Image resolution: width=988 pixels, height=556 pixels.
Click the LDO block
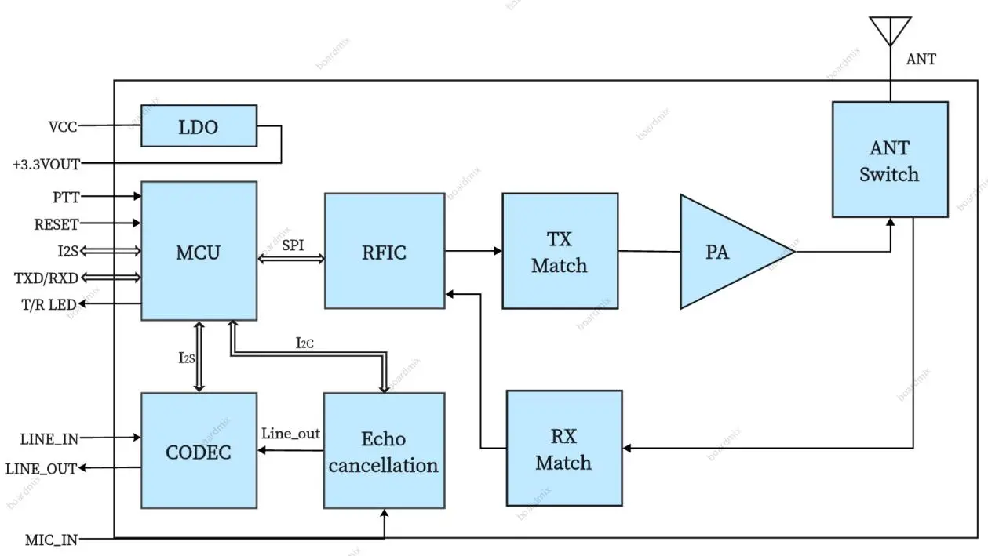(199, 125)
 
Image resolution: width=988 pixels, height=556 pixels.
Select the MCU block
(199, 251)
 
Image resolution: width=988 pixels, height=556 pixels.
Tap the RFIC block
(385, 251)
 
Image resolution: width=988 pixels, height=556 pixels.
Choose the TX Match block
(560, 251)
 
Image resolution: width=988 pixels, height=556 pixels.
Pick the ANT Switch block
(889, 159)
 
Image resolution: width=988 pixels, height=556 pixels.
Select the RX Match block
(563, 448)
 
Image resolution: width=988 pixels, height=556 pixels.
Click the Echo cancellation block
(384, 451)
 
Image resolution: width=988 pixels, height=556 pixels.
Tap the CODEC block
(199, 451)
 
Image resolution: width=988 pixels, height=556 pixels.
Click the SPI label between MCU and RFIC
(293, 245)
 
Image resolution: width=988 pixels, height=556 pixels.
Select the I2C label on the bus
(305, 342)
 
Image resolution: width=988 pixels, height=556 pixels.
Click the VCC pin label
(63, 125)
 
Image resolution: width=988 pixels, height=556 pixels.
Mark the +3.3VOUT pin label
(46, 165)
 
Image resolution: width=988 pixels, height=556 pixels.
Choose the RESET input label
(56, 224)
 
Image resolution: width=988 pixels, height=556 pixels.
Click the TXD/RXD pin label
(46, 278)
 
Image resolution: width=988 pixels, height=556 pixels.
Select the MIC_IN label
(51, 540)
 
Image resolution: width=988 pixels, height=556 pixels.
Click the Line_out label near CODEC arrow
(291, 433)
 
